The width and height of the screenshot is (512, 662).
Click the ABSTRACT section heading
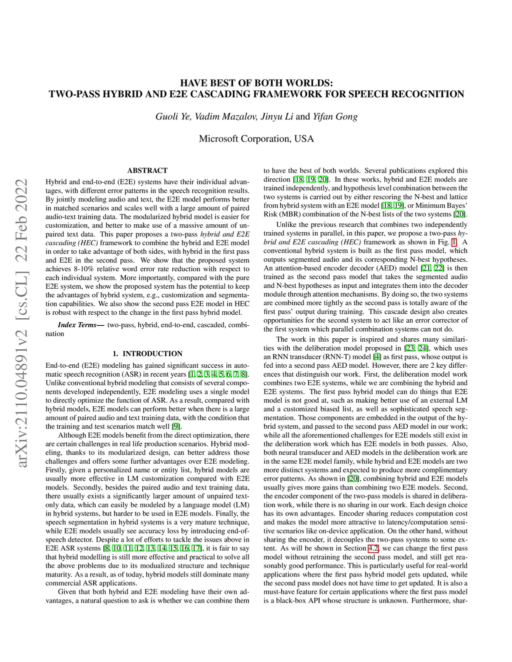click(147, 170)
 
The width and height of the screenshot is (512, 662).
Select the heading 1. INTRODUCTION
click(147, 354)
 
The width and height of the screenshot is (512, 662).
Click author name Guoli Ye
click(173, 117)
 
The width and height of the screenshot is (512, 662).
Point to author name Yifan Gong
click(335, 117)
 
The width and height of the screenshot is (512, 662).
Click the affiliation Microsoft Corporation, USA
click(256, 138)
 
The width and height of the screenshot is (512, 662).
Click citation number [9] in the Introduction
click(176, 426)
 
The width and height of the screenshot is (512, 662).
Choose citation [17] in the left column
click(196, 548)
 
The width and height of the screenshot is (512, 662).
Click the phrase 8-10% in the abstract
click(81, 269)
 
